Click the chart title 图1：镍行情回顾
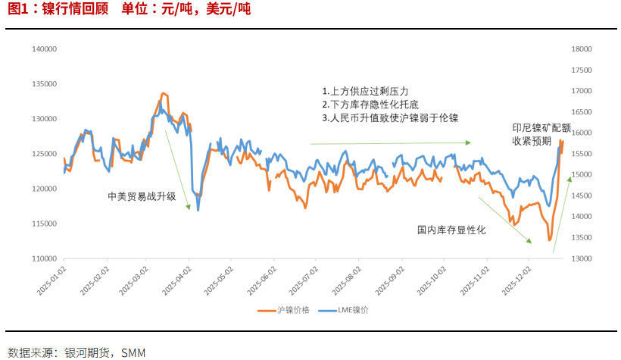pyautogui.click(x=58, y=10)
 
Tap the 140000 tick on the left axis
pyautogui.click(x=45, y=49)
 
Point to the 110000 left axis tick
pyautogui.click(x=45, y=258)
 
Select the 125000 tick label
pyautogui.click(x=45, y=154)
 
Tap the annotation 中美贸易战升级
pyautogui.click(x=142, y=196)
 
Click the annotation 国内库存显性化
pyautogui.click(x=451, y=229)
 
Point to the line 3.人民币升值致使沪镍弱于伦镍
pyautogui.click(x=390, y=117)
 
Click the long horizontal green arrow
pyautogui.click(x=390, y=142)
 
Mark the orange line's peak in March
pyautogui.click(x=162, y=93)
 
